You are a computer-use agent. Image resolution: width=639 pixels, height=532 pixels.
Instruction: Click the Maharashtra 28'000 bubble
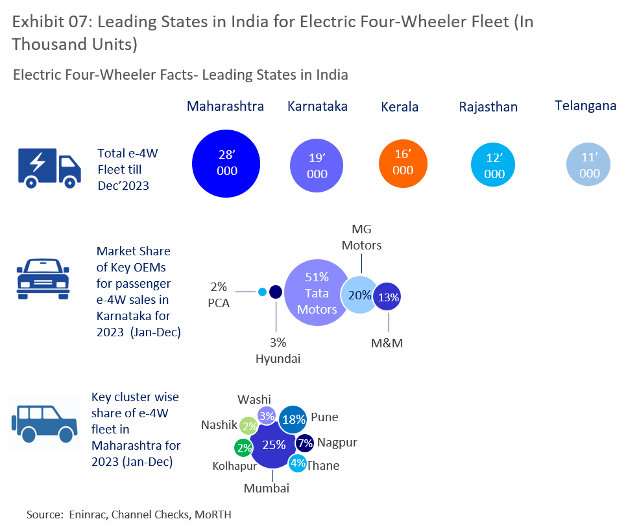(x=226, y=162)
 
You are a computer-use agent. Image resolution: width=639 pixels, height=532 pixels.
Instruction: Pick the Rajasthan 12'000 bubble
(x=494, y=166)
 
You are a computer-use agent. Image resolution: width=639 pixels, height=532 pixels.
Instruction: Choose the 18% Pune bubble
(x=293, y=419)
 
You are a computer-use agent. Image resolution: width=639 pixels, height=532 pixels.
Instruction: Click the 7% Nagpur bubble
(x=305, y=443)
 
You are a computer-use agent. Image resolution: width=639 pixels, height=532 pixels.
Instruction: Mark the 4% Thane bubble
(x=298, y=463)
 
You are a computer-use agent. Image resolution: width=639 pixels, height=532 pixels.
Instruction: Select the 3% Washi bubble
(x=267, y=416)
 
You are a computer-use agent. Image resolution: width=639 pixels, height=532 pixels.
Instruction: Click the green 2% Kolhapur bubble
(x=244, y=448)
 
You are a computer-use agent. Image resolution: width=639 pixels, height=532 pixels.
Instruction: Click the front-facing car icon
(x=42, y=278)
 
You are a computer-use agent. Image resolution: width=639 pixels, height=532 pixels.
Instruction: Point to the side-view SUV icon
(x=40, y=421)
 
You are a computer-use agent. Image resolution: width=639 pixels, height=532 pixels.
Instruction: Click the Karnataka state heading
(x=317, y=106)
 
